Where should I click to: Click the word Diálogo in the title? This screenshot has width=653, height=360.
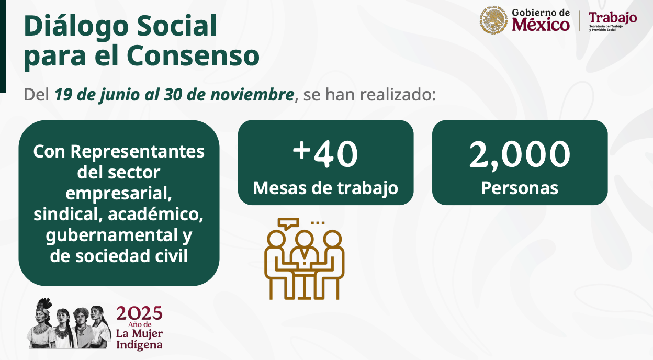click(x=76, y=26)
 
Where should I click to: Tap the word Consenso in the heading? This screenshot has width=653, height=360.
click(x=193, y=55)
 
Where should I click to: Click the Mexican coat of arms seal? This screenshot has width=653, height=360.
click(x=493, y=20)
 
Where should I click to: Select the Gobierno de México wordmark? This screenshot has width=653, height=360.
click(x=541, y=20)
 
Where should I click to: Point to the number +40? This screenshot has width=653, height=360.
click(x=325, y=154)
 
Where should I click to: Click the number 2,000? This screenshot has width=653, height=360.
click(x=520, y=155)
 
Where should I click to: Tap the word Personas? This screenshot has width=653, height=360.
click(x=520, y=188)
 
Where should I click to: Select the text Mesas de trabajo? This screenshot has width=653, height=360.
click(x=325, y=188)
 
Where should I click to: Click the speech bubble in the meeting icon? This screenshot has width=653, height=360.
click(x=288, y=223)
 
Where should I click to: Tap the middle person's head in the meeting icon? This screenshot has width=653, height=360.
click(x=304, y=239)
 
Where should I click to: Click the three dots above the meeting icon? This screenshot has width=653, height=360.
click(x=318, y=223)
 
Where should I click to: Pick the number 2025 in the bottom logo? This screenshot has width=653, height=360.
click(x=139, y=313)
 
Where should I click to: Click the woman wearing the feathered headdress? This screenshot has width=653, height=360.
click(x=42, y=323)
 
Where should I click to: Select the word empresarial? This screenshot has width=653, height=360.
click(x=118, y=193)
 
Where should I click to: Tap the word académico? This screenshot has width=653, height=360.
click(x=155, y=214)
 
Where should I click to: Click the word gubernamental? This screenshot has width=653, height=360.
click(x=111, y=235)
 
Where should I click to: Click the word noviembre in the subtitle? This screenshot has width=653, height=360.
click(x=252, y=94)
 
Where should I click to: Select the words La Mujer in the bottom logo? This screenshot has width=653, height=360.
click(x=139, y=333)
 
